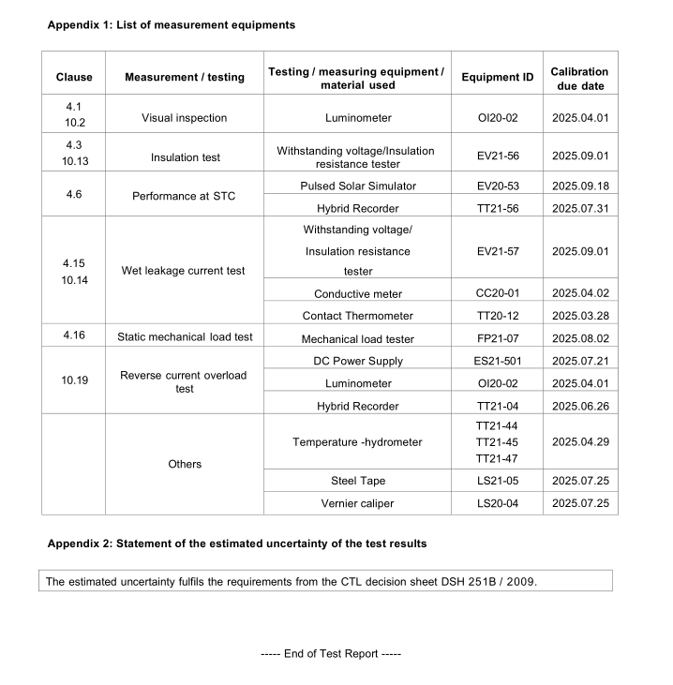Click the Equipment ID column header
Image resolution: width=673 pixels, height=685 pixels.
tap(497, 78)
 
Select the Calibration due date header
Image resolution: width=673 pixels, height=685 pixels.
tap(579, 78)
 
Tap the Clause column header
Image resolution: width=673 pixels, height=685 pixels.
tap(74, 78)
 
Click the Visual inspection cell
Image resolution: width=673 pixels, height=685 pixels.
tap(184, 119)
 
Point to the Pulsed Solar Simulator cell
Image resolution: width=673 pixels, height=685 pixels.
tap(358, 186)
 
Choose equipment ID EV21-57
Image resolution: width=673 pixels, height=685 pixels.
tap(497, 251)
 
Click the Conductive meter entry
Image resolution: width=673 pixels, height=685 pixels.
tap(358, 294)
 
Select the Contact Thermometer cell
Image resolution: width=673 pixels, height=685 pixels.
tap(358, 316)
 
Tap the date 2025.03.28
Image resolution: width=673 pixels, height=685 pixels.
tap(580, 316)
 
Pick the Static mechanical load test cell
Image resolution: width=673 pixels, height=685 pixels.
tap(185, 337)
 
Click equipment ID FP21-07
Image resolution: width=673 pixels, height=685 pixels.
tap(497, 338)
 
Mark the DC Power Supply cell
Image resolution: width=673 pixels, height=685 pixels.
tap(358, 361)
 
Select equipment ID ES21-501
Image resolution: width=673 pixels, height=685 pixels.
tap(497, 361)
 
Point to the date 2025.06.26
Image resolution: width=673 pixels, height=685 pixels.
tap(580, 406)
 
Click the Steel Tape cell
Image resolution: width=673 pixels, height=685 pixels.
tap(358, 481)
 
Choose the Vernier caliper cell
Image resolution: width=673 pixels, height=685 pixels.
tap(358, 503)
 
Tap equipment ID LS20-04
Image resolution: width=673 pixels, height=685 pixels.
tap(497, 503)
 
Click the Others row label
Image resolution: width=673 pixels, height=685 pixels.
tap(185, 464)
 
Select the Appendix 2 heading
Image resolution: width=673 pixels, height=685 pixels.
tap(237, 544)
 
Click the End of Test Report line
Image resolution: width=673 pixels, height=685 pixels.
tap(331, 654)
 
